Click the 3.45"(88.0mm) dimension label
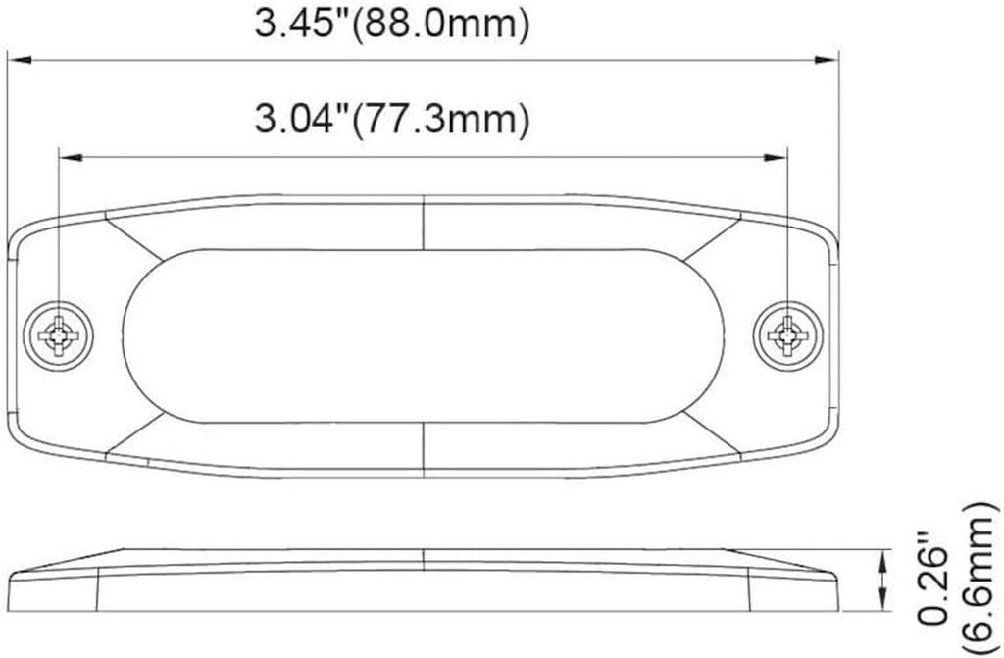(392, 25)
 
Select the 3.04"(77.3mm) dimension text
(392, 120)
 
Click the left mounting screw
(60, 336)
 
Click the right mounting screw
(787, 336)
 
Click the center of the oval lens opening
(425, 336)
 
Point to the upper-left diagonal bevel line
(134, 238)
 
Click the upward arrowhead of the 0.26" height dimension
(886, 558)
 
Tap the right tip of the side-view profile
(840, 579)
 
